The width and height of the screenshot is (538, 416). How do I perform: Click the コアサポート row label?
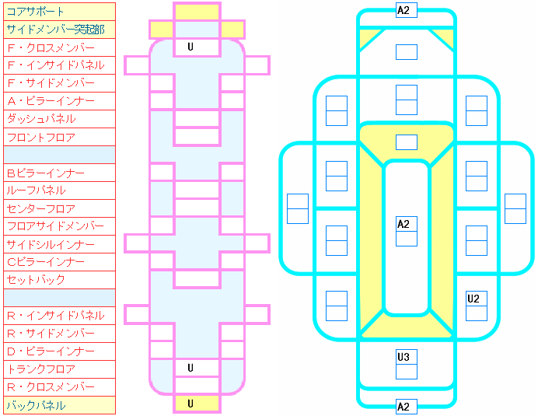[x=35, y=12]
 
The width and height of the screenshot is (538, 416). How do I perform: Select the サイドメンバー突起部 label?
[x=55, y=30]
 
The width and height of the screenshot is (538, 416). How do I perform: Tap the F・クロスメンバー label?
[x=51, y=47]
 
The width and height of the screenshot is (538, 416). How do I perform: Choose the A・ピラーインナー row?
[x=51, y=101]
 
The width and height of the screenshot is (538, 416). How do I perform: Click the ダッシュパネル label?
[x=41, y=119]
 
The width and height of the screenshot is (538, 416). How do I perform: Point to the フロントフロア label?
[x=41, y=137]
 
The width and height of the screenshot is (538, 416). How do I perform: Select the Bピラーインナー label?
[x=46, y=173]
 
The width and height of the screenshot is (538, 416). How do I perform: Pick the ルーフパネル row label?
[x=36, y=191]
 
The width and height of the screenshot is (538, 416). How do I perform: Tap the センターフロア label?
[x=41, y=208]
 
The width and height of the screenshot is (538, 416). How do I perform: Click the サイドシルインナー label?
[x=51, y=244]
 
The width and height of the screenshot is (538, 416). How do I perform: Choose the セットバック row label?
[x=36, y=280]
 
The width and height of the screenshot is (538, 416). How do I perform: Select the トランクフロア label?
[x=41, y=369]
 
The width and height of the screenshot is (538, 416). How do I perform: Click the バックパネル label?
[x=36, y=405]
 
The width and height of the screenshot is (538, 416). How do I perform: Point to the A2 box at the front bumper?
[x=407, y=10]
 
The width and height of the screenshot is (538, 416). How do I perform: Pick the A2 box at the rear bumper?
[x=407, y=407]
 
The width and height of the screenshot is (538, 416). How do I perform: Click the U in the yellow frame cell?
[x=190, y=404]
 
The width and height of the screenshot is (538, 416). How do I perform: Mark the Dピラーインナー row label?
[x=51, y=351]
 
